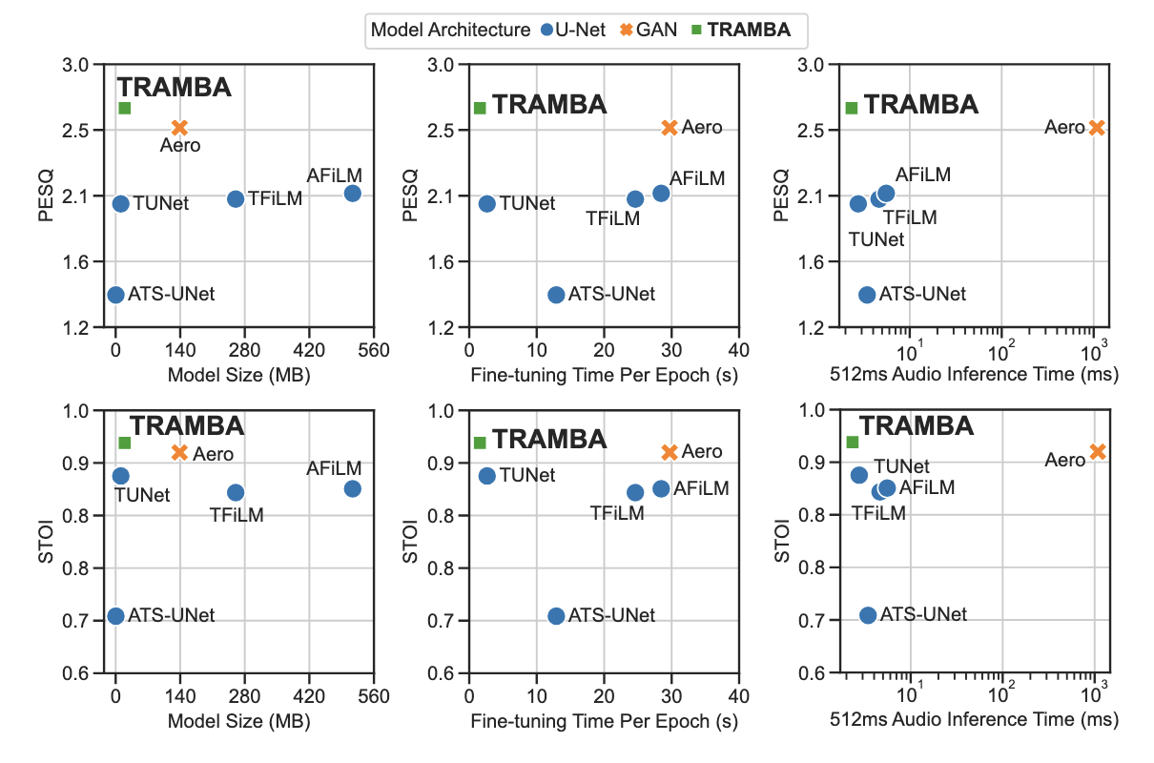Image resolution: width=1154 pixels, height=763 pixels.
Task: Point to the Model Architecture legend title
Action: point(450,30)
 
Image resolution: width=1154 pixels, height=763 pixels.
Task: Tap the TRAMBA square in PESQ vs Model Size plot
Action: point(124,108)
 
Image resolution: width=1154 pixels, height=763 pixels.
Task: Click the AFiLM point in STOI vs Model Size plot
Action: point(352,488)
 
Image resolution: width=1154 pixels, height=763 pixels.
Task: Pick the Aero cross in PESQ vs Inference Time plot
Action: point(1097,127)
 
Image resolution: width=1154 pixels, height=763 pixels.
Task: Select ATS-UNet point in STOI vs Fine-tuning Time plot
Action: point(556,615)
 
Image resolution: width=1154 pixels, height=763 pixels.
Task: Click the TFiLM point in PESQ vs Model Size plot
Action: point(236,198)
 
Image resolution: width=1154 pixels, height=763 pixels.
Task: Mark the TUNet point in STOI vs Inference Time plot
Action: point(858,475)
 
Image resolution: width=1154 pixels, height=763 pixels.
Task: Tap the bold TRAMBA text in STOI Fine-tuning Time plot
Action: point(549,439)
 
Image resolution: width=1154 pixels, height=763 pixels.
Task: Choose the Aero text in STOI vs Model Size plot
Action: point(213,454)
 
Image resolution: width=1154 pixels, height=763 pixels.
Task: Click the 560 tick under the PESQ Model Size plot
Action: point(374,349)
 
